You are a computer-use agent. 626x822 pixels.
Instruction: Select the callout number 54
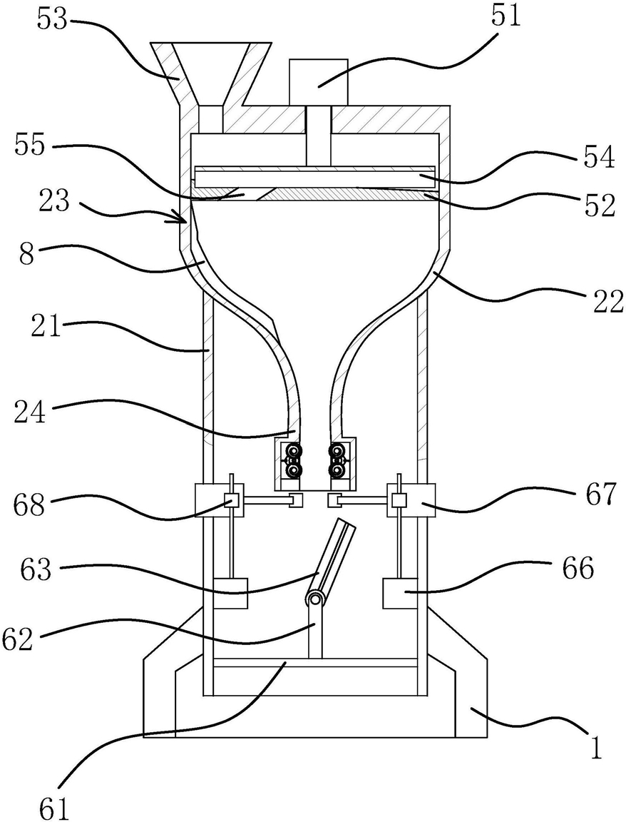600,157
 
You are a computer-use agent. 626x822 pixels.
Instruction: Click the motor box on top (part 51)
319,81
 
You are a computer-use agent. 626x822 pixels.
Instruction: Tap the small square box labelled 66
401,593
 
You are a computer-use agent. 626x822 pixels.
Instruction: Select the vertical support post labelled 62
315,631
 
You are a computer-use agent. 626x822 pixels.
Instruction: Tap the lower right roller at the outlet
337,470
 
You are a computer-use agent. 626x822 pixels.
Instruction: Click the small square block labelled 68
231,500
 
